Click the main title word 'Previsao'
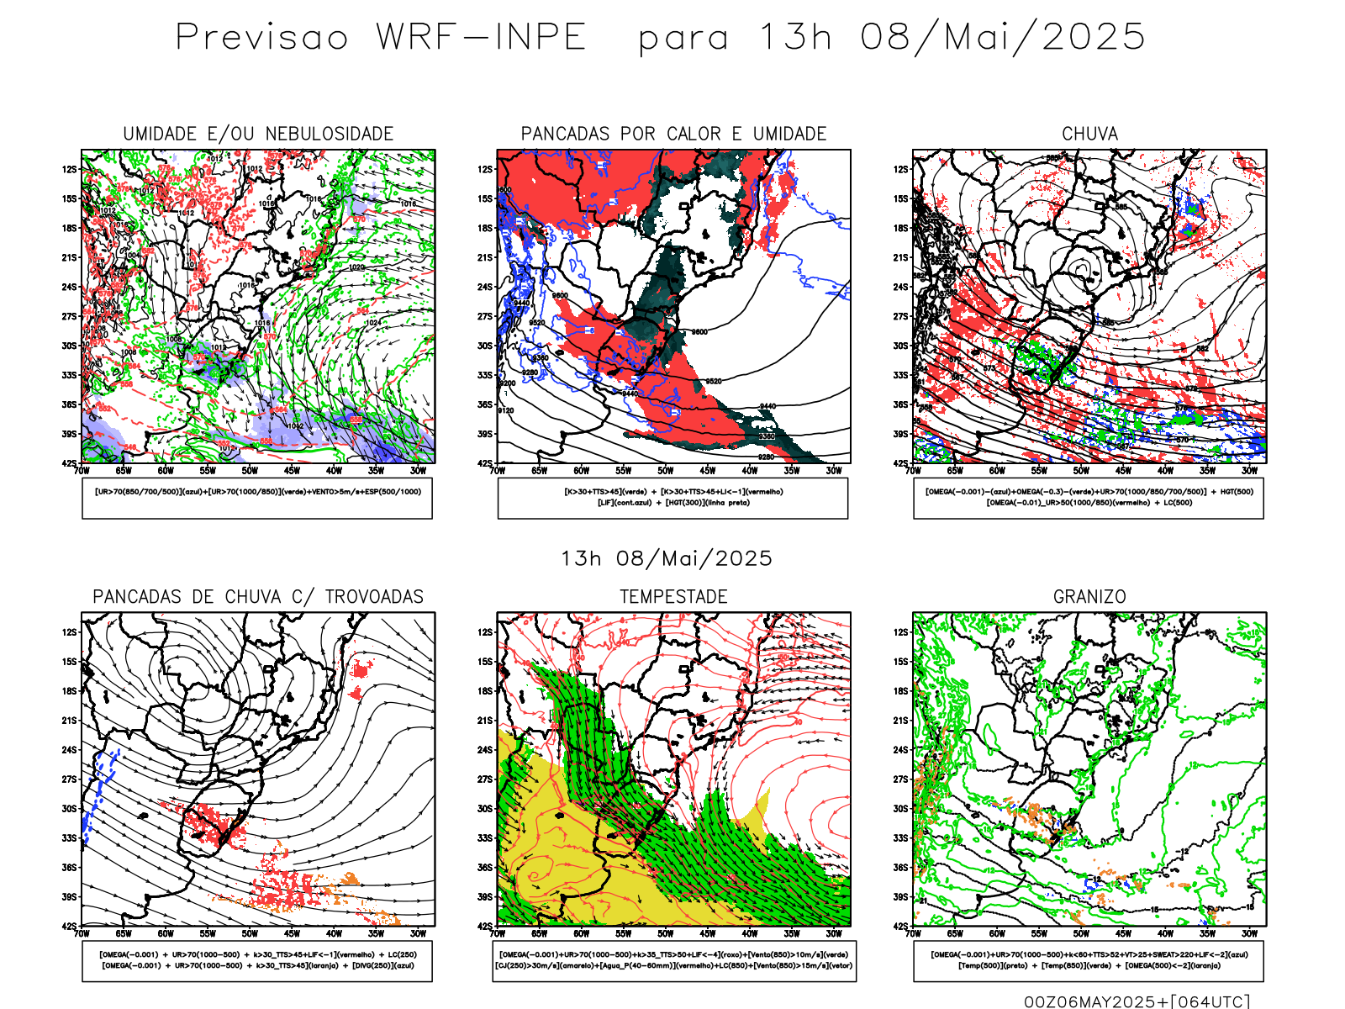click(261, 38)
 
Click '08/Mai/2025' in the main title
click(1002, 38)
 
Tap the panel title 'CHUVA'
click(1089, 134)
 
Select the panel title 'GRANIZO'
click(1089, 597)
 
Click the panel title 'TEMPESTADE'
click(673, 597)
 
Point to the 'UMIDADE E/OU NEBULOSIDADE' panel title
click(258, 134)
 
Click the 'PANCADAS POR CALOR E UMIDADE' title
click(673, 134)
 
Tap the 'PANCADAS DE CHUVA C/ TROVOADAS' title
click(258, 597)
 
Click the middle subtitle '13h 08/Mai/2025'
click(667, 559)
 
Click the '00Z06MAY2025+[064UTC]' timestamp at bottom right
click(1137, 1001)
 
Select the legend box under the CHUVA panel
click(1089, 498)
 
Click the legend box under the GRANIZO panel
click(1089, 960)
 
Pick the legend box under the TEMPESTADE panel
click(673, 960)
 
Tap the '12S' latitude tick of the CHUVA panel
click(901, 169)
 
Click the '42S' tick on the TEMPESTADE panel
click(486, 926)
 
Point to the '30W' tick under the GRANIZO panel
click(1250, 933)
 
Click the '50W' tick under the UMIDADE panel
click(250, 471)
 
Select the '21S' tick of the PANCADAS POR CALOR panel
click(486, 257)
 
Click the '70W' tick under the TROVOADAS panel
click(82, 933)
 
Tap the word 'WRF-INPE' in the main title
click(481, 38)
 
